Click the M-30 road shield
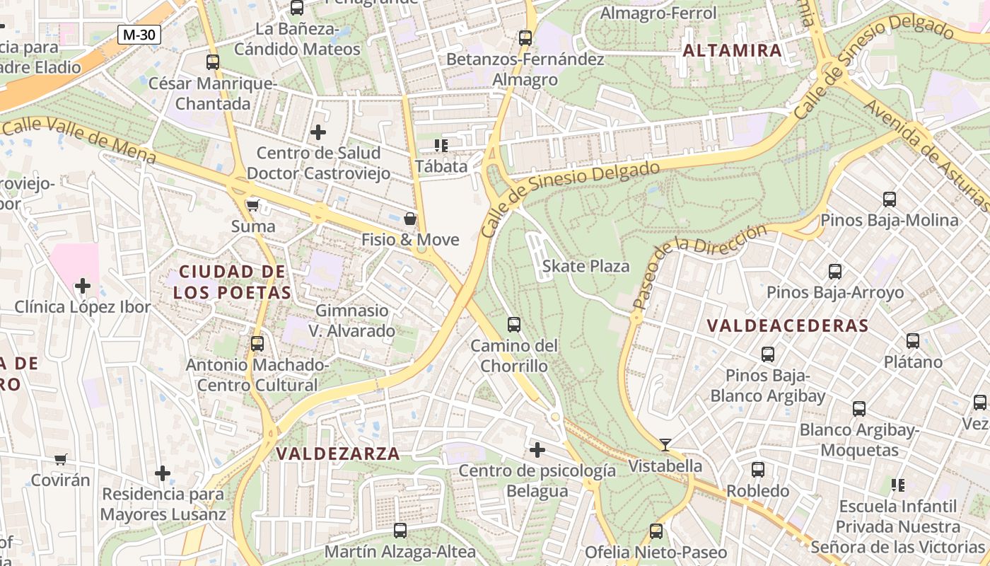point(139,35)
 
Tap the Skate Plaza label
point(586,266)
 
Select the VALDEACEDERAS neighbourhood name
point(787,325)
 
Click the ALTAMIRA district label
point(733,50)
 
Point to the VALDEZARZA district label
point(338,454)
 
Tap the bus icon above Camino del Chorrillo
point(514,325)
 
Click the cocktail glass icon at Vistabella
point(665,445)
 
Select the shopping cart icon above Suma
point(252,206)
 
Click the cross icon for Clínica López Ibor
point(83,286)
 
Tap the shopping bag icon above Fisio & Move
point(409,219)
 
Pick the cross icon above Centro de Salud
point(318,132)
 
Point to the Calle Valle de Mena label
point(78,139)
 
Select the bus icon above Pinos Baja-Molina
point(889,200)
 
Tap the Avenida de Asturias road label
point(926,154)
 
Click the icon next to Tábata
point(441,146)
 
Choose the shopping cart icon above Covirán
point(61,459)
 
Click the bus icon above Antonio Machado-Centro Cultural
point(257,344)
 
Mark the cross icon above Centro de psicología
point(537,449)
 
